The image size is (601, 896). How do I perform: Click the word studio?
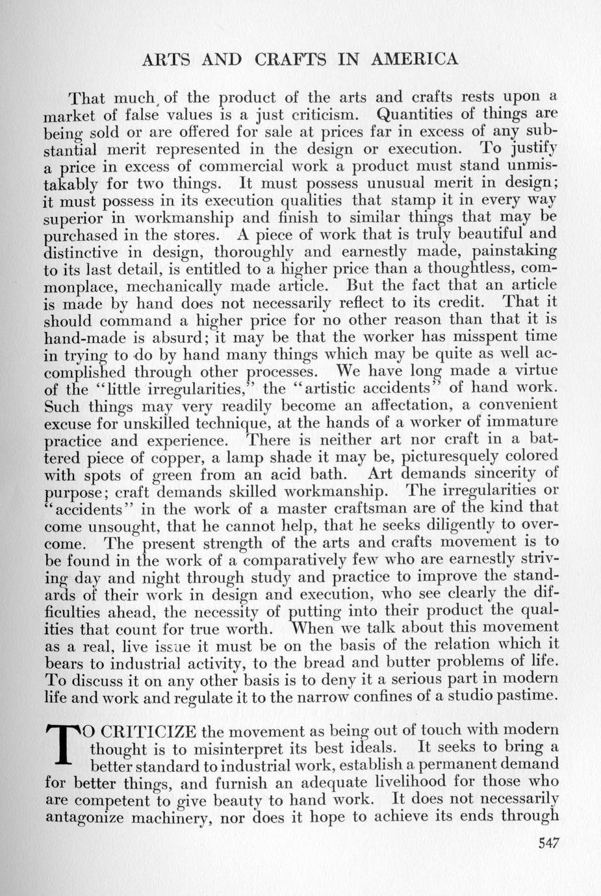tap(478, 695)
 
